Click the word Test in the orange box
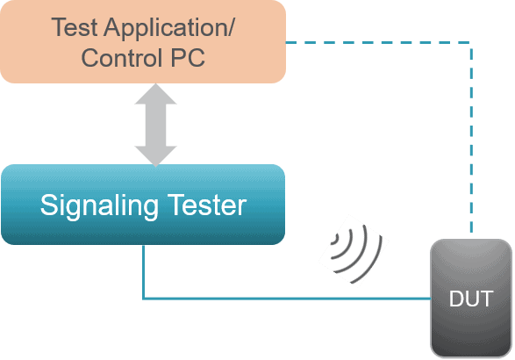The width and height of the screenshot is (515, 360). coord(75,27)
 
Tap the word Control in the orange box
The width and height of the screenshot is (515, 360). coord(122,58)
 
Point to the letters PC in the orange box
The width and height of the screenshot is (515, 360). coord(188,58)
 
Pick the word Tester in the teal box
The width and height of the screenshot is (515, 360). coord(207,205)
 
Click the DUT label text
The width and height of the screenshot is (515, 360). coord(471,299)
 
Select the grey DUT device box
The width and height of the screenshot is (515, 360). coord(471,299)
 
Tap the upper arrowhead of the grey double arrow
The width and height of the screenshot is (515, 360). coord(155,94)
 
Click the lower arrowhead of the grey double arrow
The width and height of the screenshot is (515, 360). coord(155,156)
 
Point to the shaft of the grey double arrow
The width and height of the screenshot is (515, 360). coord(155,126)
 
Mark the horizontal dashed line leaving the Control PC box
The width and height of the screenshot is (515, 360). coord(378,42)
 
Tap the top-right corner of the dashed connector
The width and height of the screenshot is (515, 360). coord(471,42)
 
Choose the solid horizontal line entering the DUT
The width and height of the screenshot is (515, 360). coord(287,299)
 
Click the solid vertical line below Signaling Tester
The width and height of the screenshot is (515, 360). coord(144,271)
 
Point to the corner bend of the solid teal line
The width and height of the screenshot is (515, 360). coord(144,299)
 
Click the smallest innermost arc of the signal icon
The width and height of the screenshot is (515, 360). coord(335,240)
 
